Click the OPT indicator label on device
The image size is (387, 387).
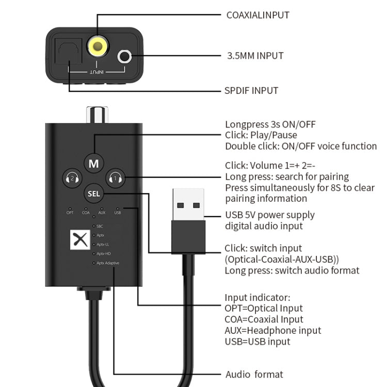point(70,213)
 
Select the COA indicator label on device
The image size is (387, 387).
point(86,213)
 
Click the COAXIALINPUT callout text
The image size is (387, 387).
point(257,15)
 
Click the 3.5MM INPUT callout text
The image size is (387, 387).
point(255,56)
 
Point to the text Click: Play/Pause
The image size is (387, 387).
point(261,135)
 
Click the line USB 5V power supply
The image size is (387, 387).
point(270,215)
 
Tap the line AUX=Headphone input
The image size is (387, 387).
point(272,331)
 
